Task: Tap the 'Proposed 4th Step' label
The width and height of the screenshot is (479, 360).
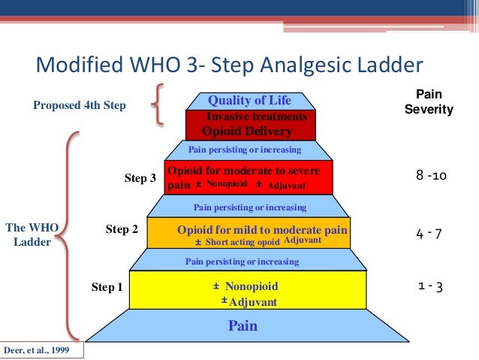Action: [x=79, y=106]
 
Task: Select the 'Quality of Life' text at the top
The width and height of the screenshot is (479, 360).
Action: [x=249, y=100]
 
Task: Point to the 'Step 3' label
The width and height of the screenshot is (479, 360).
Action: [x=140, y=178]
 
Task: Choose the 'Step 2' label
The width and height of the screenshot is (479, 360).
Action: [x=122, y=228]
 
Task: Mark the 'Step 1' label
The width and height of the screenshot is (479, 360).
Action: [x=107, y=287]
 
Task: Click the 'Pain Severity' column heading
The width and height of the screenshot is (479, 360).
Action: [x=429, y=102]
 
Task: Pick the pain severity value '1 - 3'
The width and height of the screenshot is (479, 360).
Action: [x=429, y=286]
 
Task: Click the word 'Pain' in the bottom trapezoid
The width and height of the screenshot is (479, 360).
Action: [x=243, y=326]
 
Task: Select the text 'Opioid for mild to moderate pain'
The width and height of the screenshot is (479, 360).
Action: [x=263, y=228]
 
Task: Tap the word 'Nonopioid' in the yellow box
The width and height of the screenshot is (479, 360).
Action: [x=251, y=286]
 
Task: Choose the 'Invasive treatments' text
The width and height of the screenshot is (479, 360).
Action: [x=256, y=116]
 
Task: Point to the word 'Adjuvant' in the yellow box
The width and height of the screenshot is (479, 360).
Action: [x=252, y=302]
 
